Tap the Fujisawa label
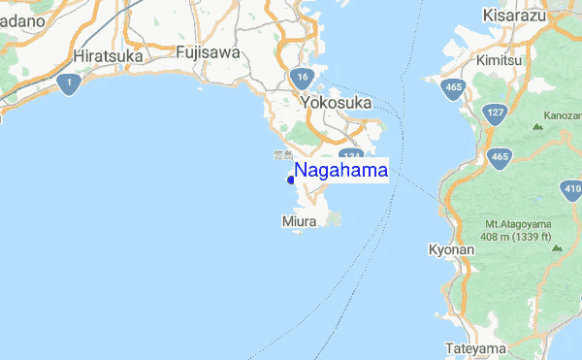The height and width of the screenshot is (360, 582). click(208, 52)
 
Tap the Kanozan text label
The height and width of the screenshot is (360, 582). click(563, 115)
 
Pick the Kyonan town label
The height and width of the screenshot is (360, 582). click(451, 250)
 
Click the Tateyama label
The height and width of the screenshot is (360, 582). click(475, 348)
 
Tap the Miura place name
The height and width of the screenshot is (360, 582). click(299, 222)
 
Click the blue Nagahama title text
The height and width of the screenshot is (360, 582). click(341, 171)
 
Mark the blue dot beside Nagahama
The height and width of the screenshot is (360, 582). click(291, 179)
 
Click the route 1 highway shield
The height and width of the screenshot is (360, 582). click(67, 83)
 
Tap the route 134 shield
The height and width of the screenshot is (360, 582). click(350, 157)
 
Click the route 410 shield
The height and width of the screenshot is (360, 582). click(571, 189)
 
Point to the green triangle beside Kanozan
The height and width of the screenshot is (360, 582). click(537, 126)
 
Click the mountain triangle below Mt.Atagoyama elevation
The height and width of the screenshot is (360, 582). click(556, 248)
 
